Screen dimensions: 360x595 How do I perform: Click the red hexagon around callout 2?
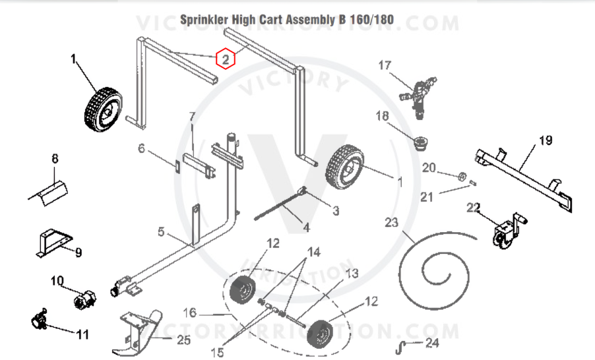click(226, 59)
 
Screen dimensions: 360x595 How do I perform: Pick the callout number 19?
click(545, 140)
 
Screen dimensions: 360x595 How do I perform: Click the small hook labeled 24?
click(400, 345)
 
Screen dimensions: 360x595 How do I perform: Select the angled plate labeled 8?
click(49, 191)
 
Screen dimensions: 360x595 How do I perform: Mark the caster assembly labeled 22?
click(506, 230)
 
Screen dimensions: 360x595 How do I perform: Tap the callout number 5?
click(160, 232)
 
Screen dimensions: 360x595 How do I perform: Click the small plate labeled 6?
click(177, 164)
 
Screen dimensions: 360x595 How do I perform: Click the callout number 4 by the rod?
click(305, 227)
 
